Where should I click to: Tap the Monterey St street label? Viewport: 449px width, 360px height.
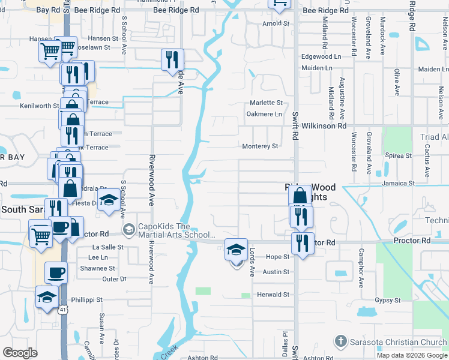260,146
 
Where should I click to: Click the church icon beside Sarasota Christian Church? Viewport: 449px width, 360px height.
340,341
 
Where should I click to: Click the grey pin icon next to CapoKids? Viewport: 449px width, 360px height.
128,230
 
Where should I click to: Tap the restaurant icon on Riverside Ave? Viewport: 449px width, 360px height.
172,59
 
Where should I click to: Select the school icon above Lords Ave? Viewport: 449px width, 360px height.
236,248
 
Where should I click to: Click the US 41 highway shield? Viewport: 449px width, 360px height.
62,310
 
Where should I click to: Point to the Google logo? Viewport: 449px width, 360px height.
20,353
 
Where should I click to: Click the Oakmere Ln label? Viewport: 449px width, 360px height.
265,114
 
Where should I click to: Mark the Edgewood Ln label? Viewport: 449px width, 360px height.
321,56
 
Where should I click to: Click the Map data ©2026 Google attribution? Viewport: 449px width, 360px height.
412,355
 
